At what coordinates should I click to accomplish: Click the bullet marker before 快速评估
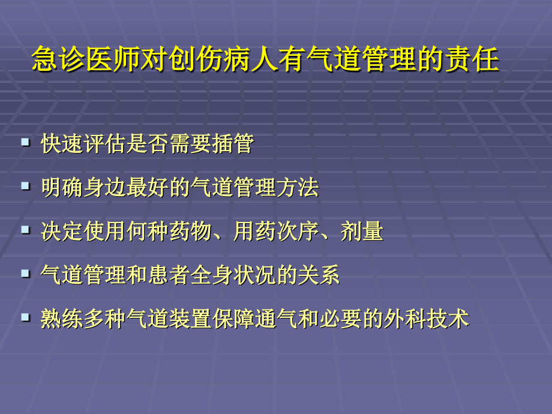25,142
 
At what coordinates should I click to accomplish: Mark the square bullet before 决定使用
25,230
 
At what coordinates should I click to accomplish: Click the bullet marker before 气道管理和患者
25,274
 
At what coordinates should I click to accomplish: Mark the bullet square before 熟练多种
25,317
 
